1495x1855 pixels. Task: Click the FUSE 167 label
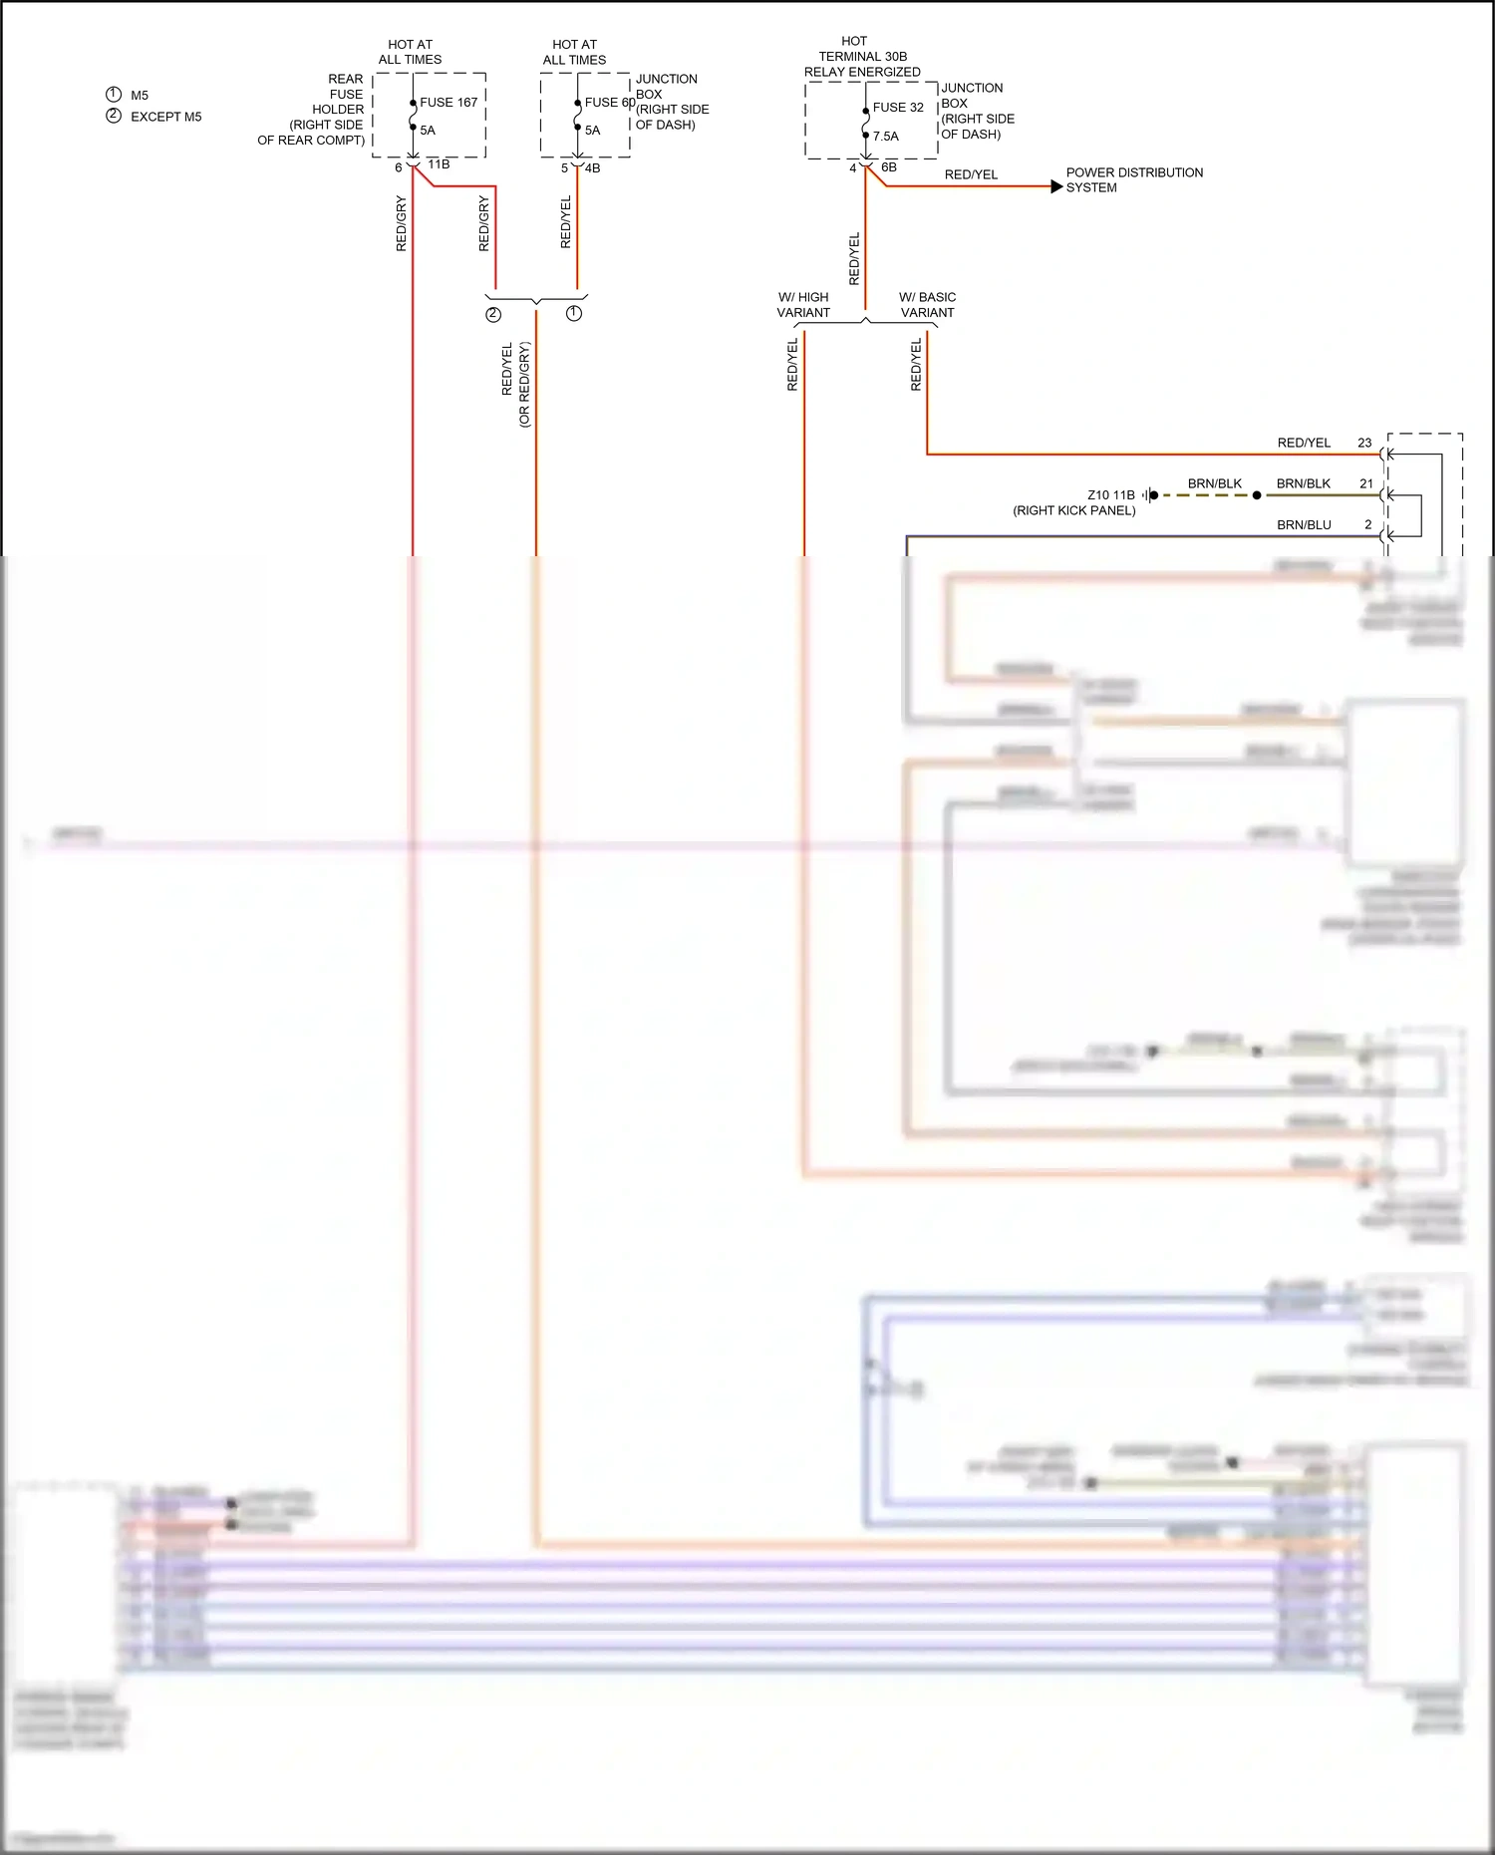click(448, 103)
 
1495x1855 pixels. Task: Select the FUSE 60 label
click(609, 103)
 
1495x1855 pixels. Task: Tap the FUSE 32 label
click(898, 108)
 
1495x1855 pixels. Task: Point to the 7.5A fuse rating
click(886, 137)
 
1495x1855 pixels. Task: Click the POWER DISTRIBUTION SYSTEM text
click(1134, 180)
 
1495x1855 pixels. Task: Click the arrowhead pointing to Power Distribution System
click(1056, 186)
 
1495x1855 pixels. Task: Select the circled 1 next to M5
click(114, 95)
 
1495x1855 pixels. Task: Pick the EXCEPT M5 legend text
click(166, 117)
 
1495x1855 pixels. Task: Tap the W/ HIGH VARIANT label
click(803, 305)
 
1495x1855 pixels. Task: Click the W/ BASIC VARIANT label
click(927, 305)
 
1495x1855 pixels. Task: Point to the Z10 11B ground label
click(1110, 495)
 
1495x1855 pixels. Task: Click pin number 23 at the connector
click(1364, 443)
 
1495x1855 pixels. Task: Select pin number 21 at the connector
click(1366, 483)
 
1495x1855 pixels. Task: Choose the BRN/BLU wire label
click(1304, 525)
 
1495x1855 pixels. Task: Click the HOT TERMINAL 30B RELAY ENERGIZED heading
click(862, 57)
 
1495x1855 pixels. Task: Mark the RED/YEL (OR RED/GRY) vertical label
click(515, 384)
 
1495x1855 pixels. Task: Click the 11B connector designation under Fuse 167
click(439, 164)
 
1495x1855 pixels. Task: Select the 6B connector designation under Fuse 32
click(889, 167)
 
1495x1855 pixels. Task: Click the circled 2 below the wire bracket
click(493, 315)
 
